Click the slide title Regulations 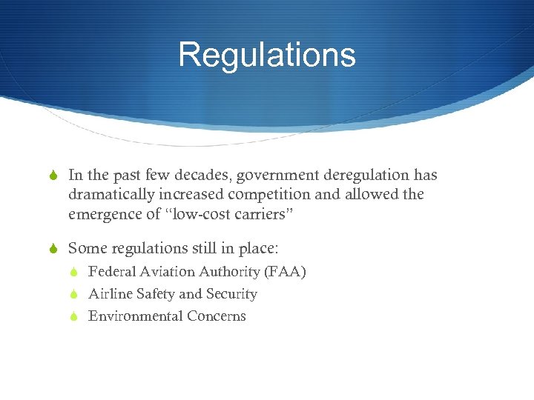267,55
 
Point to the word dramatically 110,195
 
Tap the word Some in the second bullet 85,247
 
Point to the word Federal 111,272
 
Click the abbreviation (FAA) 285,272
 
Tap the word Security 231,294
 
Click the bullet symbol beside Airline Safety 75,294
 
